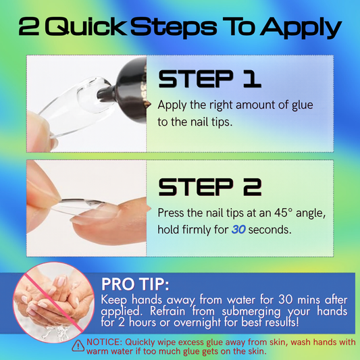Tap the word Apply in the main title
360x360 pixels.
coord(301,28)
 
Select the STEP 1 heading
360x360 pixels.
coord(209,79)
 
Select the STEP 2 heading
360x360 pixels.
coord(209,186)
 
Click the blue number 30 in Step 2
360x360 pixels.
coord(238,230)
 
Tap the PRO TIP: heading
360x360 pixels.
coord(135,284)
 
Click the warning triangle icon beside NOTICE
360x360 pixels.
coord(78,346)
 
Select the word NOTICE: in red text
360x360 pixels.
coord(105,342)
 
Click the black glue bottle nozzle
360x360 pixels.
coord(106,93)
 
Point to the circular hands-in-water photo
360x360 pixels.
coord(54,303)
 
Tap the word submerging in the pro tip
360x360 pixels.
coord(251,311)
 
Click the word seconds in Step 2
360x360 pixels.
coord(270,230)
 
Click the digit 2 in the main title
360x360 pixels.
coord(28,26)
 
